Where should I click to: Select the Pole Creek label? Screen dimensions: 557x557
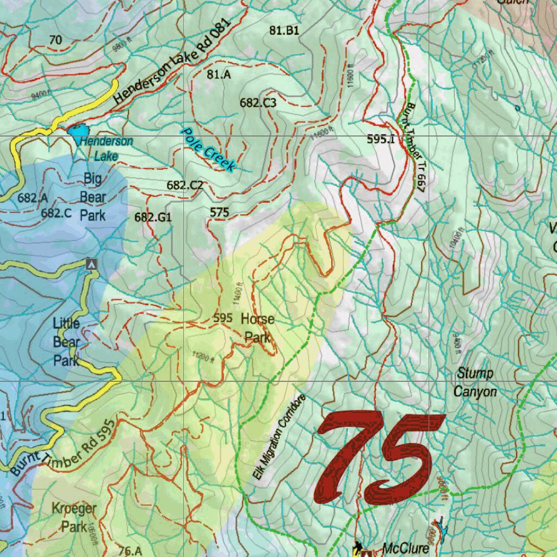point(209,150)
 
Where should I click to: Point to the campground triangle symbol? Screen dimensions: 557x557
point(92,264)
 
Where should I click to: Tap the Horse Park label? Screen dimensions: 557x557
point(257,328)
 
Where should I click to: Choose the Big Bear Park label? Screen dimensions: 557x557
point(93,197)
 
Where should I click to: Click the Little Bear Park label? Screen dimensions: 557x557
point(66,342)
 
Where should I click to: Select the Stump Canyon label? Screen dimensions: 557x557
point(475,382)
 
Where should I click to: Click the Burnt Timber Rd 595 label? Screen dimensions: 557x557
point(64,448)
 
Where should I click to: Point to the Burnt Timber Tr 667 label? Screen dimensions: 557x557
point(413,147)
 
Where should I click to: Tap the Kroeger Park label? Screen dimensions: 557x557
point(74,517)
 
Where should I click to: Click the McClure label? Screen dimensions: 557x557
point(405,548)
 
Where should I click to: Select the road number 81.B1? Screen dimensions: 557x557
point(284,31)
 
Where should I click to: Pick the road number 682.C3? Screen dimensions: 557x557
point(258,102)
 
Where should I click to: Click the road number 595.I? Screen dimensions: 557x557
point(381,139)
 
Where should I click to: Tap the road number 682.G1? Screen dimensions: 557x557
point(153,218)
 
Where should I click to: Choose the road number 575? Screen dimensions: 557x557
point(219,212)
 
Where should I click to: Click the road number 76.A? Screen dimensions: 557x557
point(130,550)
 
